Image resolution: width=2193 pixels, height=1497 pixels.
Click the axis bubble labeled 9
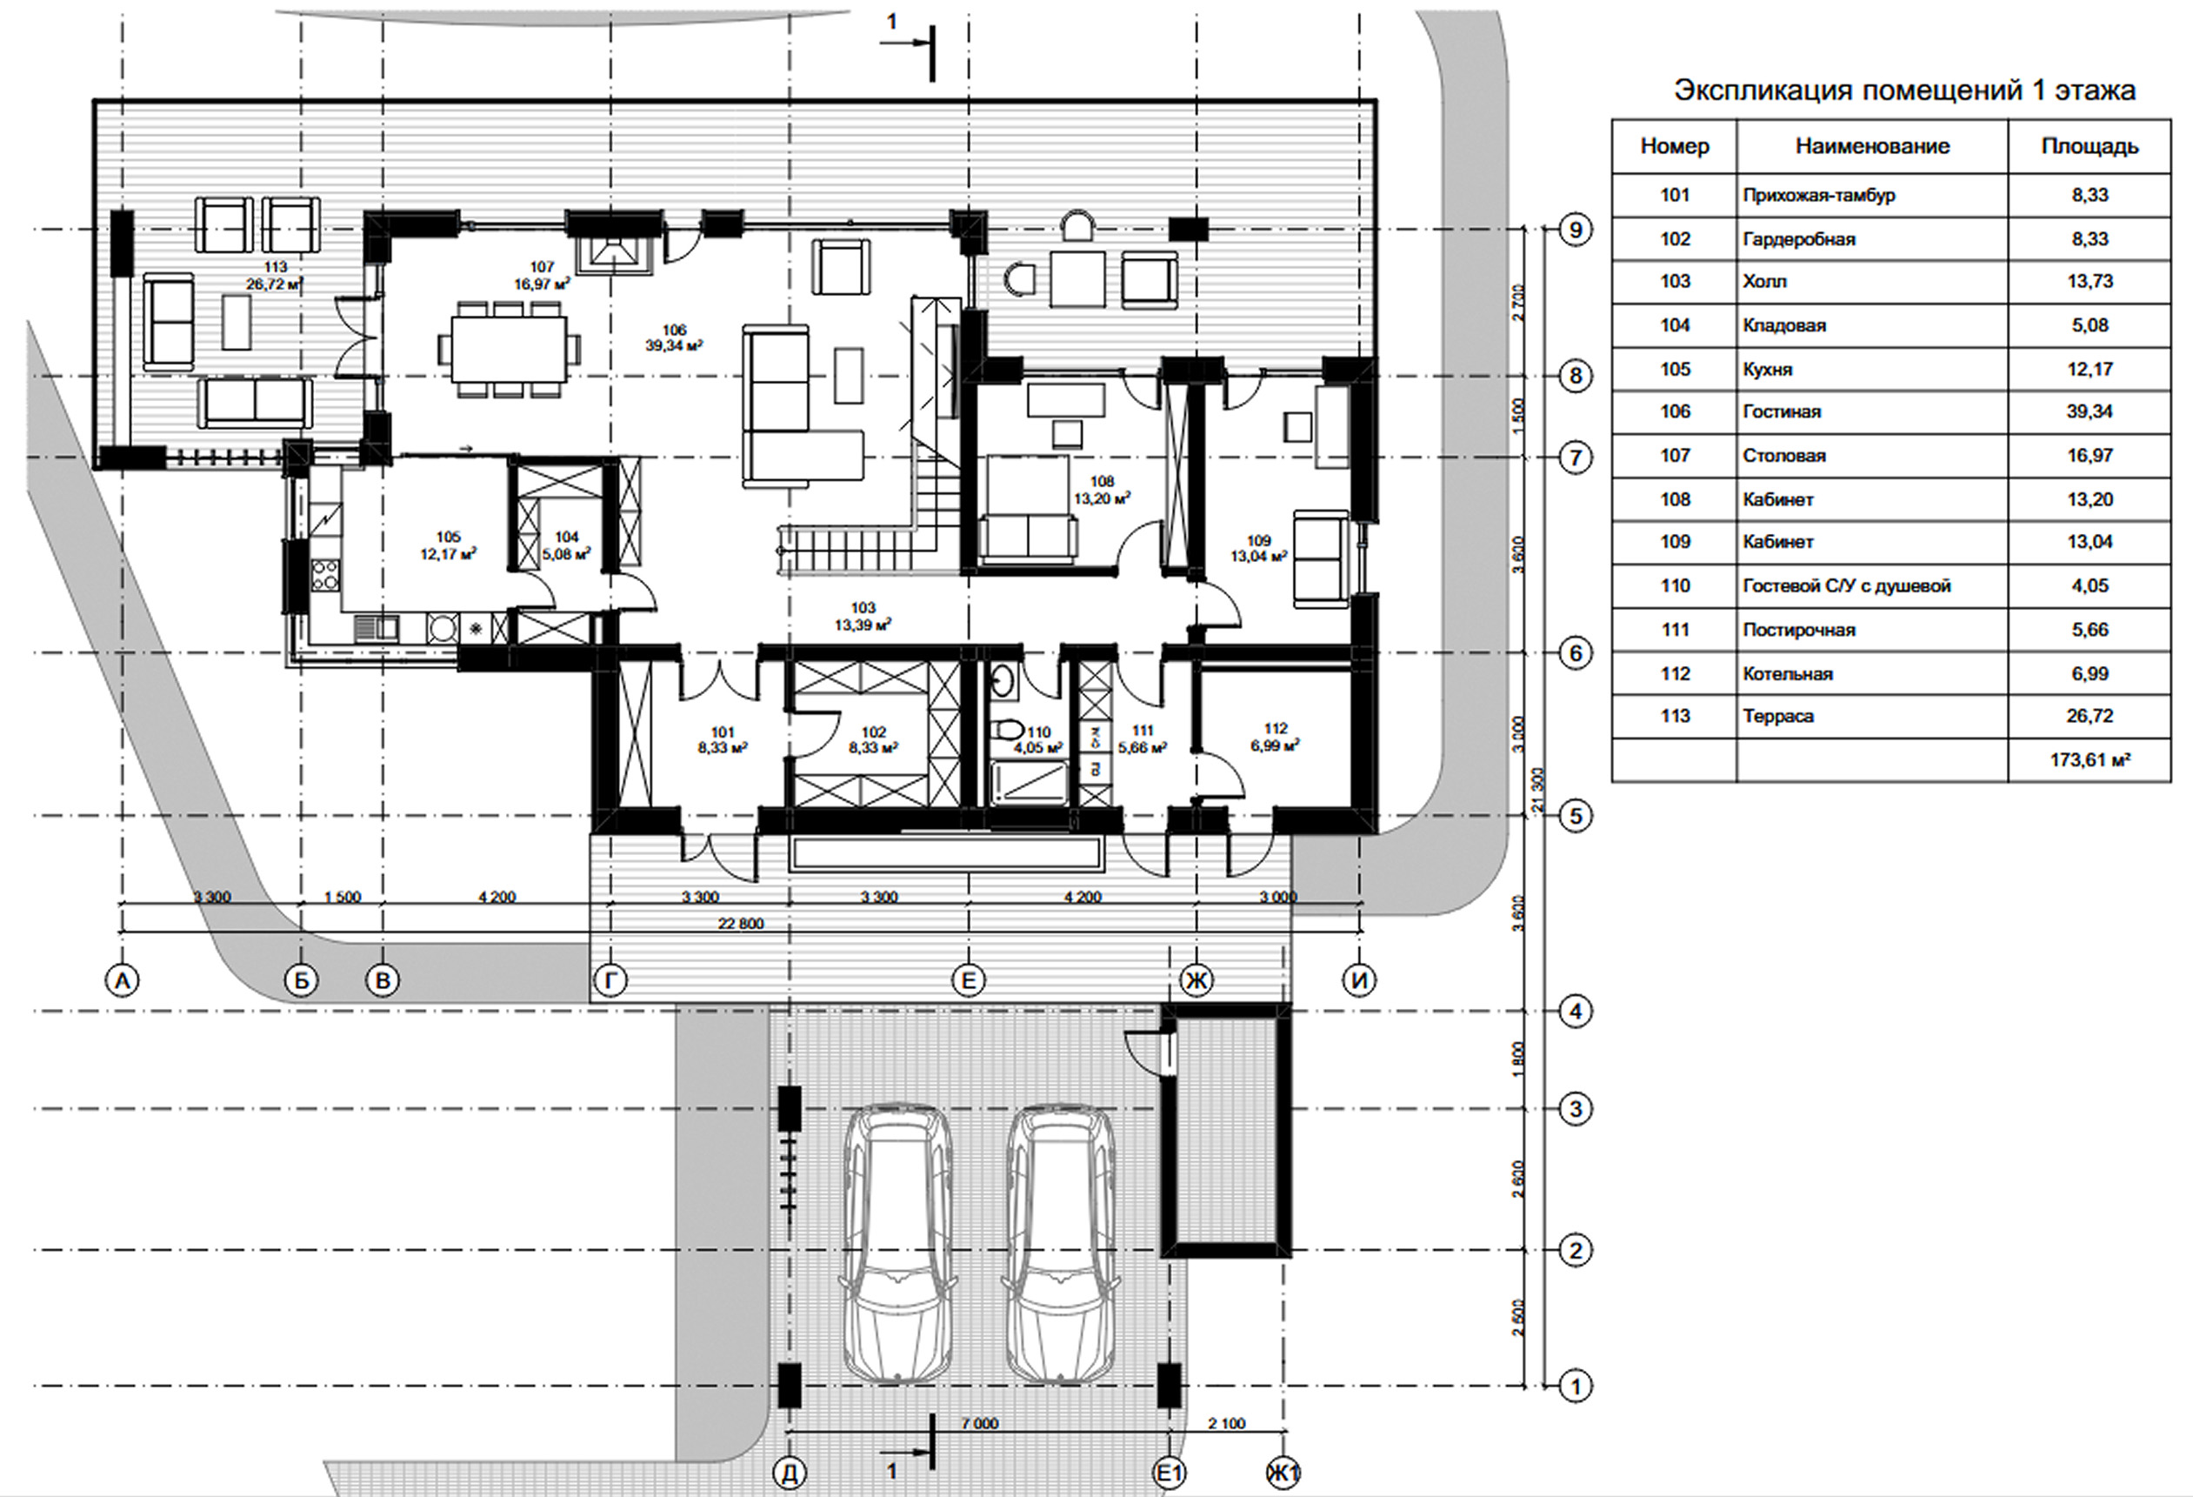pos(1575,230)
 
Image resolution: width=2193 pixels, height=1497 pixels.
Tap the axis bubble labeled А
pos(122,980)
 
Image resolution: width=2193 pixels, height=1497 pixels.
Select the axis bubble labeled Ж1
pos(1283,1473)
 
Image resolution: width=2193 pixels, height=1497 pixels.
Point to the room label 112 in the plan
pos(1275,729)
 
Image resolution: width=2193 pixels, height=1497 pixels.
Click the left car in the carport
pos(897,1245)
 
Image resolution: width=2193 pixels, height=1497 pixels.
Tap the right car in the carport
pos(1061,1245)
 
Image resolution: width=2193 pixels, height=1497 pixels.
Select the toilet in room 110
pos(1008,731)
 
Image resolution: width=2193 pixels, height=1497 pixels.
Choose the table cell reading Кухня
pos(1768,369)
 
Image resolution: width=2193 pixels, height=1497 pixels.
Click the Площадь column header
pos(2090,146)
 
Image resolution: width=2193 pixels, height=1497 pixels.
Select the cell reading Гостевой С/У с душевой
pos(1847,586)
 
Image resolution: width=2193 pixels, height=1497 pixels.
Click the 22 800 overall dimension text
pos(741,923)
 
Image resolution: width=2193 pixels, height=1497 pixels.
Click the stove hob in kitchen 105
pos(325,575)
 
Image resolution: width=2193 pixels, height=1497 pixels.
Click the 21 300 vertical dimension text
pos(1538,791)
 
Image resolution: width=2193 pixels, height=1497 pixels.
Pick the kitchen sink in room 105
pos(377,628)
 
